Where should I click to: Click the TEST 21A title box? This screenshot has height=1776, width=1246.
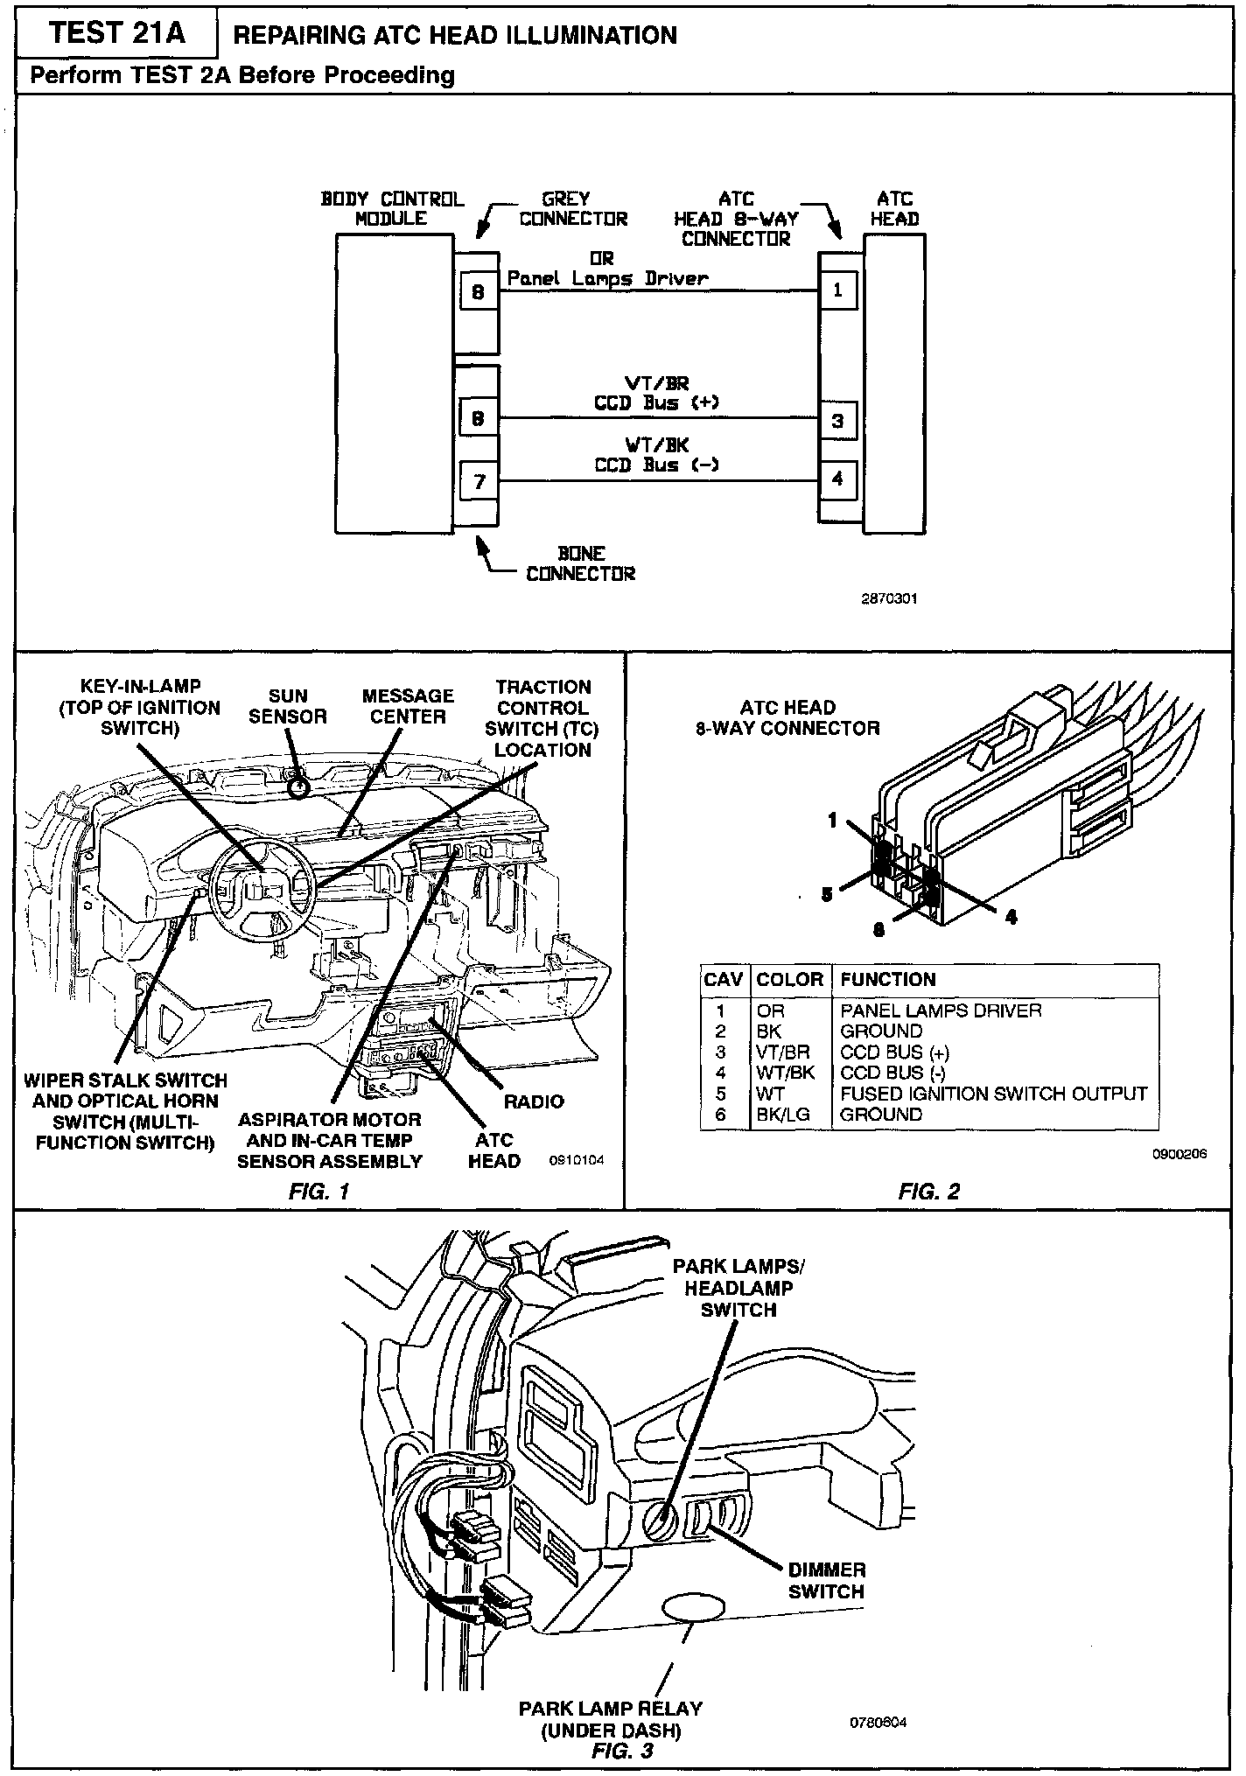pos(117,34)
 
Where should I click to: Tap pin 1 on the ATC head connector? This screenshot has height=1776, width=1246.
pos(837,290)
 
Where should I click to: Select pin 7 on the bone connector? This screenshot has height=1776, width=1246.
pos(478,481)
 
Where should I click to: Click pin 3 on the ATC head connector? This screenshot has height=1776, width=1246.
pos(837,420)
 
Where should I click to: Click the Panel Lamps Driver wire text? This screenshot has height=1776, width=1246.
pos(607,278)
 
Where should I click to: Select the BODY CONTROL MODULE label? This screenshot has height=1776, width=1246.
pos(392,209)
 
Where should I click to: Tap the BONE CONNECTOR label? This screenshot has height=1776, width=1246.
pos(580,563)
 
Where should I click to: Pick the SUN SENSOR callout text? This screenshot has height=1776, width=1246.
pos(288,706)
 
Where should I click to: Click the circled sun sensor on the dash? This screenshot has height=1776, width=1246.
pos(299,787)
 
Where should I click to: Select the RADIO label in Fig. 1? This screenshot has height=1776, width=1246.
pos(534,1101)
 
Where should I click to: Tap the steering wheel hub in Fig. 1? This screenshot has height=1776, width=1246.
pos(259,890)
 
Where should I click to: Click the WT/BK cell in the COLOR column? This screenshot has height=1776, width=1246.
pos(783,1073)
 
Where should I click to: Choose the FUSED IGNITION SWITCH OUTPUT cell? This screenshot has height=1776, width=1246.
pos(993,1094)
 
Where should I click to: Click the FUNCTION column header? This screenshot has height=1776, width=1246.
pos(887,980)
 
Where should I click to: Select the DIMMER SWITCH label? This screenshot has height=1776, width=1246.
pos(826,1581)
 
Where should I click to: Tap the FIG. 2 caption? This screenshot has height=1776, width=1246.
pos(929,1191)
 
